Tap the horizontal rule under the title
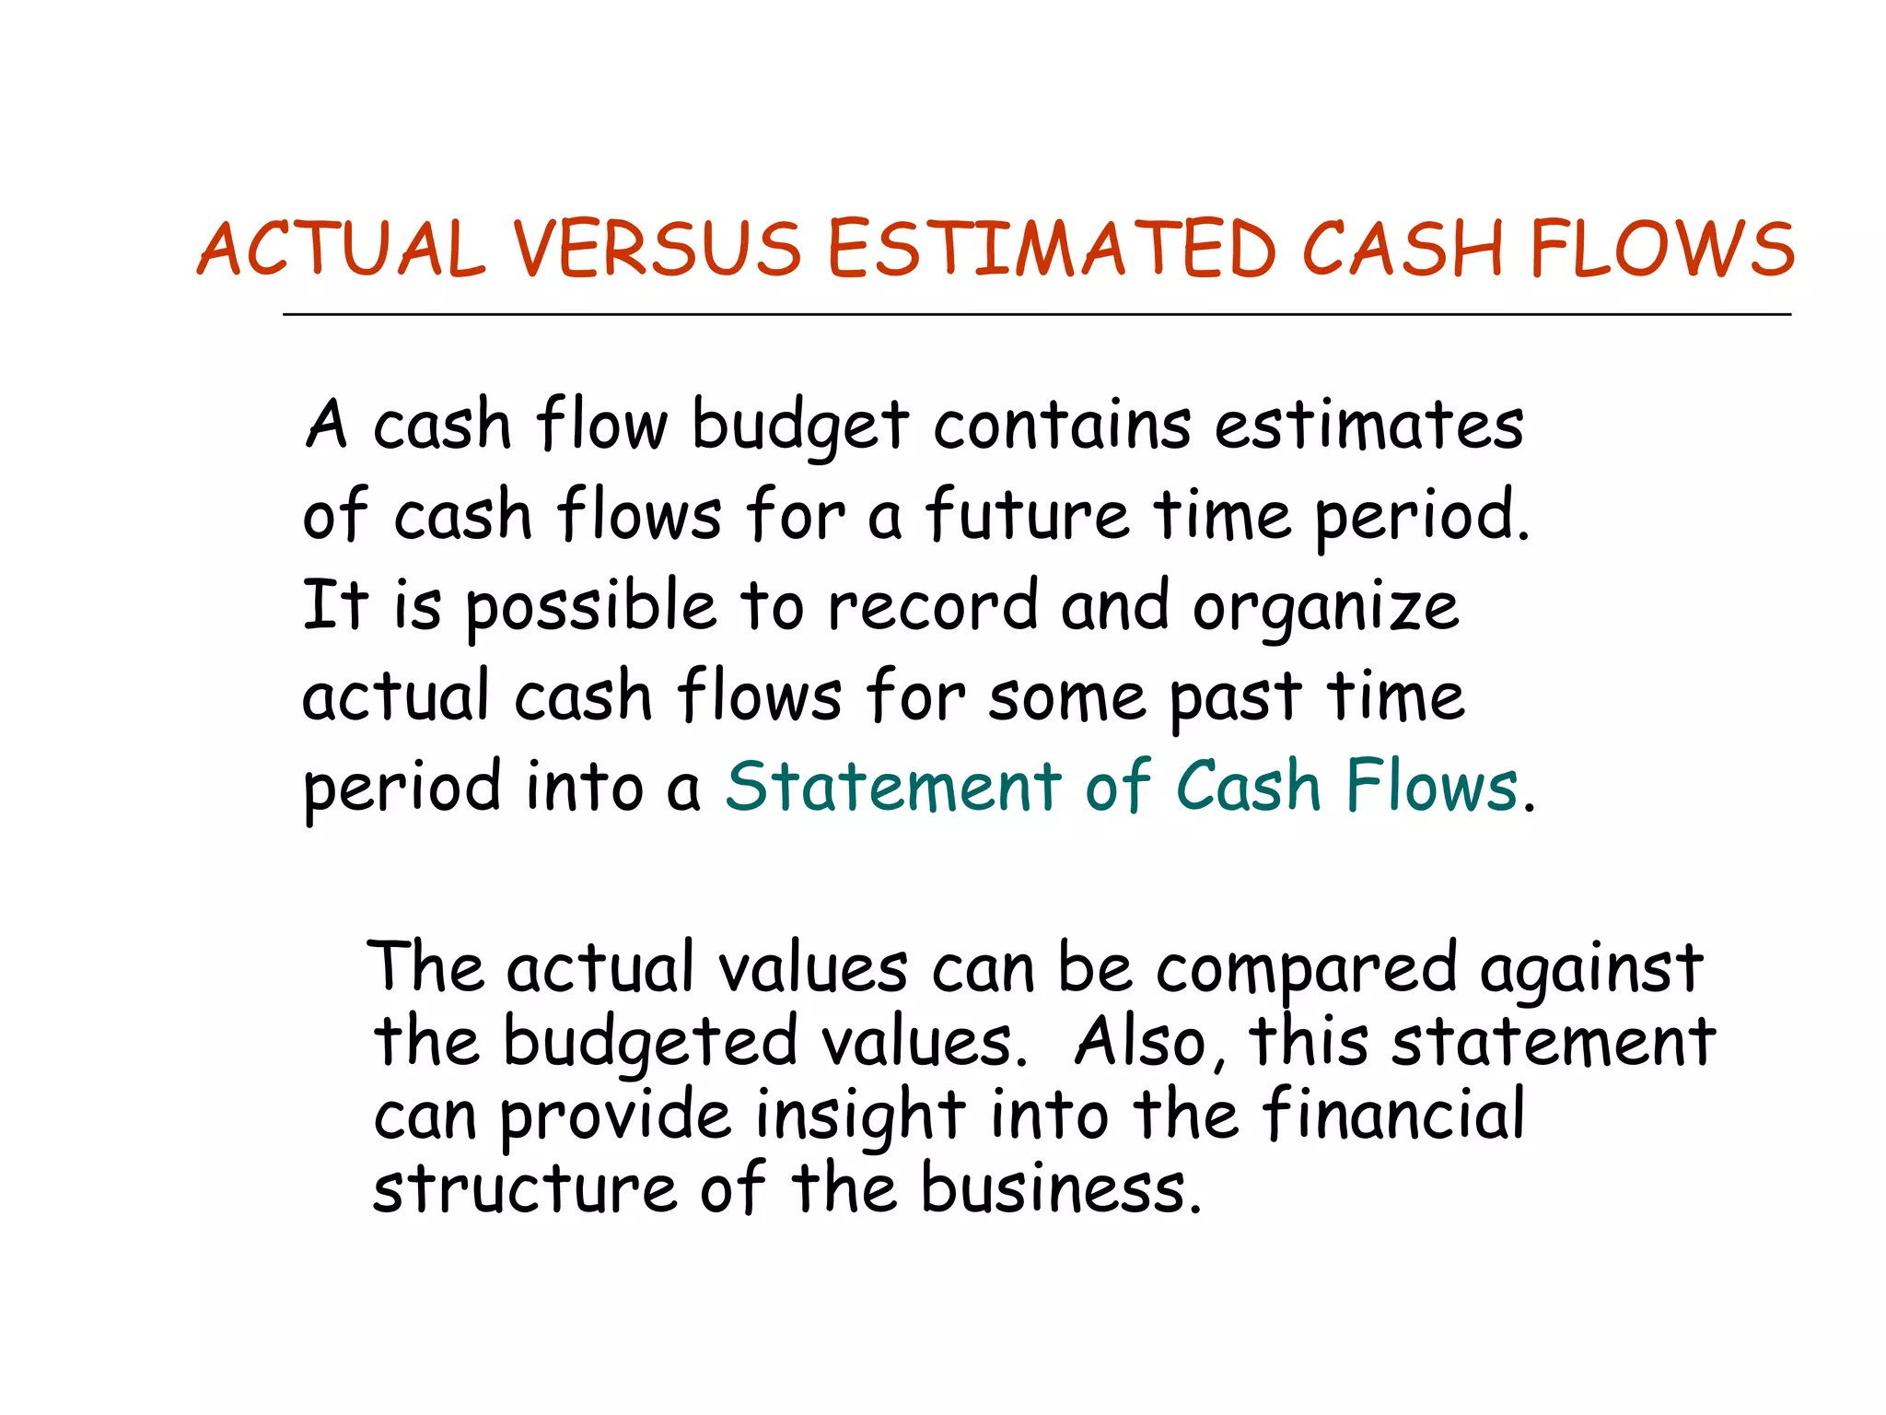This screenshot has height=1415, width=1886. click(1036, 315)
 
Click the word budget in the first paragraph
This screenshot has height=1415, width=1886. click(800, 427)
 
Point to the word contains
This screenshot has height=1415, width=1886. click(1062, 426)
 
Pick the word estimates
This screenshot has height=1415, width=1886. click(1368, 426)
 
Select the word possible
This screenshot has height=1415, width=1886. click(590, 608)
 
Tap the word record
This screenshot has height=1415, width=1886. click(932, 606)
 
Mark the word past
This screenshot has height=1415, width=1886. click(1236, 698)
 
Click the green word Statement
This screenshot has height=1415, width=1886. click(893, 787)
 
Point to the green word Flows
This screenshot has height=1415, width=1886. click(1432, 787)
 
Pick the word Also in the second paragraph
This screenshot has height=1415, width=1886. click(1147, 1043)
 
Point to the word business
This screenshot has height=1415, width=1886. click(1061, 1188)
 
